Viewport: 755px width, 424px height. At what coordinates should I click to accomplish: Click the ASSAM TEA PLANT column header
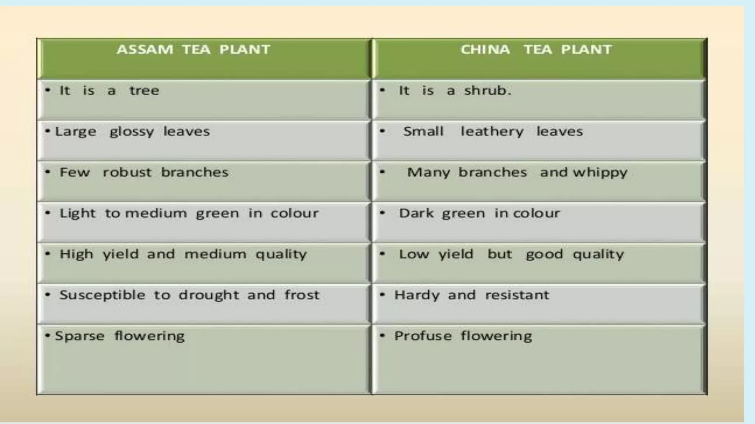(x=194, y=50)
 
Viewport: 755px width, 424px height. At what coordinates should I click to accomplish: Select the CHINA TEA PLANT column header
(x=536, y=50)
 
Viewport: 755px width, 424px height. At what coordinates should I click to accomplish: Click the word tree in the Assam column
(x=144, y=91)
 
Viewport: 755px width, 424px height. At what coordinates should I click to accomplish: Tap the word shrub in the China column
(x=487, y=91)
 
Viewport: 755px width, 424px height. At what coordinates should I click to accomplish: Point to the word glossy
(x=132, y=132)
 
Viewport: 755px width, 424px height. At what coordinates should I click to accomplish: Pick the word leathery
(x=492, y=132)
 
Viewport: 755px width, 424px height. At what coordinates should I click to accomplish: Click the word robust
(x=127, y=172)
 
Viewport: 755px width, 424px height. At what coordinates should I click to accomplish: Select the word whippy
(x=600, y=173)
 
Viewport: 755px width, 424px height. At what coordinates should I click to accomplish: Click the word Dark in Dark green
(x=416, y=213)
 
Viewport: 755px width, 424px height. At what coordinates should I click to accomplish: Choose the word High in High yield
(x=76, y=254)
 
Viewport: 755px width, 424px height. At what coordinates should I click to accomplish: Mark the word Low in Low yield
(x=414, y=254)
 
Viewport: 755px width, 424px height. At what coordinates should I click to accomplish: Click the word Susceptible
(x=102, y=296)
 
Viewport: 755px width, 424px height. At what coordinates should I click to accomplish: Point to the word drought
(x=209, y=296)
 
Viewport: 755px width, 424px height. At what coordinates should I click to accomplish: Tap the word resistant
(x=517, y=295)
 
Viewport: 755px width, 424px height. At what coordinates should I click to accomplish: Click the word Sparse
(x=80, y=336)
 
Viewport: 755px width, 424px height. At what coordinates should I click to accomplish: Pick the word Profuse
(x=423, y=336)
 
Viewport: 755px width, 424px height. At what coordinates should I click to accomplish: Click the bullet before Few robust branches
(x=48, y=172)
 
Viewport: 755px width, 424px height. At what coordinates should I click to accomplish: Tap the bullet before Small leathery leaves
(x=382, y=131)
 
